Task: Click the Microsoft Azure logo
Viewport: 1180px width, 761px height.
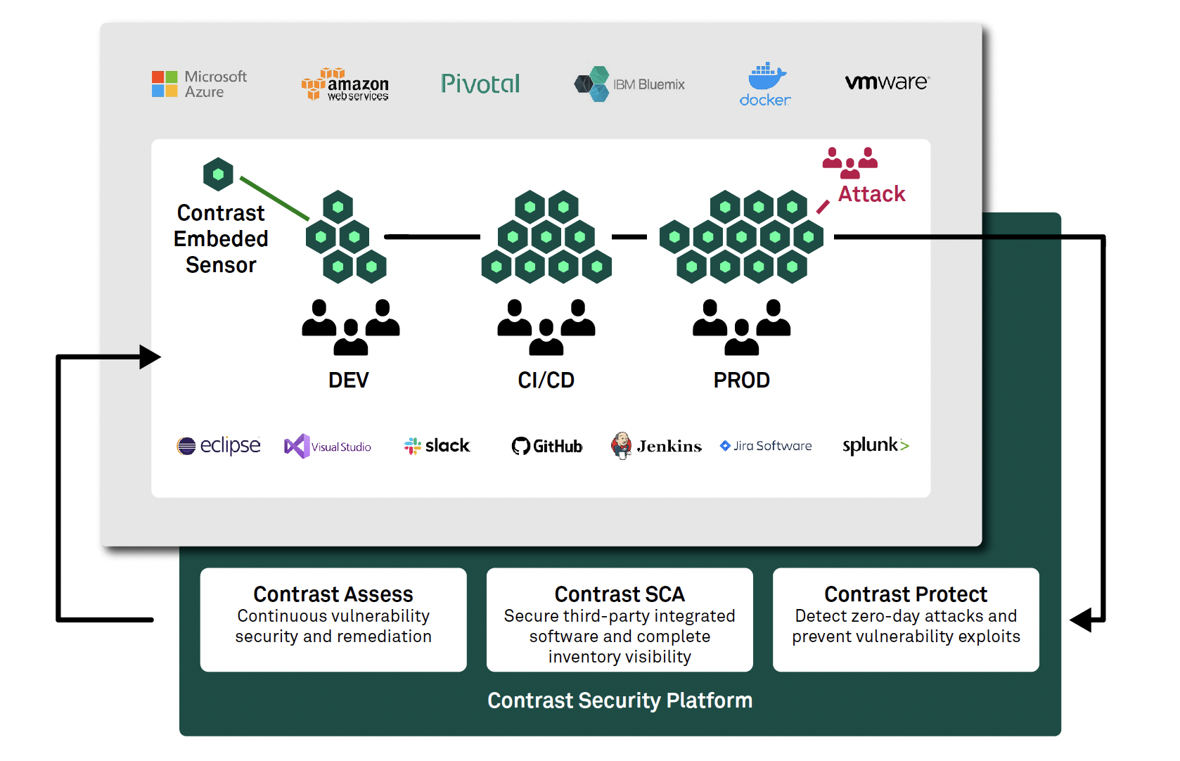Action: coord(199,84)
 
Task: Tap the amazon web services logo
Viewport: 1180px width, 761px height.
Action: coord(345,85)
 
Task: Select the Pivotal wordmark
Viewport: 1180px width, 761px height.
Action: coord(480,84)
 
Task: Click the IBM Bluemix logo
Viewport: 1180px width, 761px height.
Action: coord(629,84)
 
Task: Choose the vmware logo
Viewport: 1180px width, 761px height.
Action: coord(887,82)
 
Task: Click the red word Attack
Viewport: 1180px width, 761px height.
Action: coord(871,194)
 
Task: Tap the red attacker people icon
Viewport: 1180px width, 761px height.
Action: coord(849,162)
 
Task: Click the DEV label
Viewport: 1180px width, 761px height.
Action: coord(348,380)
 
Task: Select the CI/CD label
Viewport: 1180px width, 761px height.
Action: coord(546,380)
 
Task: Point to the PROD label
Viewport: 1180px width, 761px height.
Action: coord(741,380)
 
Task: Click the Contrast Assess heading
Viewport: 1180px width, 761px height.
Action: coord(333,594)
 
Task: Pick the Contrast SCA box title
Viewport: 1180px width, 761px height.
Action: coord(619,594)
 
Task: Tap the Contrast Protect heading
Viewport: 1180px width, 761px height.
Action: coord(905,594)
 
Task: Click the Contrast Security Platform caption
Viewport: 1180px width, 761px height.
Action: coord(620,701)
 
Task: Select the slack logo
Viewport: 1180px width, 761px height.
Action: coord(437,446)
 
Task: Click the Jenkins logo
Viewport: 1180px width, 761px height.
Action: coord(656,446)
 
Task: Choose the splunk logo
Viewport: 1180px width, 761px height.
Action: coord(876,445)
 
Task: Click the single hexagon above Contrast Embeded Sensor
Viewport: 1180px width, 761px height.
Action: coord(218,174)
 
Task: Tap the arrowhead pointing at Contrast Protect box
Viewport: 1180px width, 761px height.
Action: coord(1082,620)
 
